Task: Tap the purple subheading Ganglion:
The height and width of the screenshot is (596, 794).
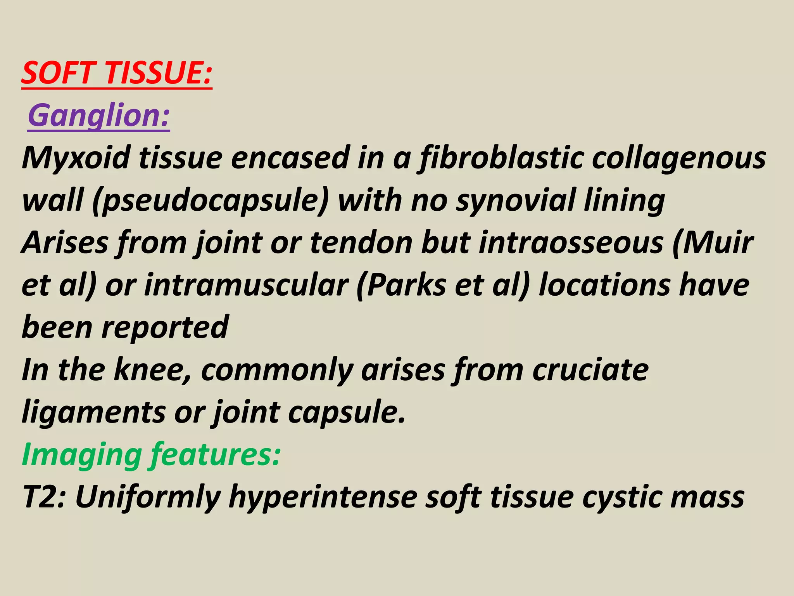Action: (x=99, y=116)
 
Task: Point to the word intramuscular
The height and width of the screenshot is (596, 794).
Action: (x=246, y=285)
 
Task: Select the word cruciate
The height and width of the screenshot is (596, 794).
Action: (x=590, y=370)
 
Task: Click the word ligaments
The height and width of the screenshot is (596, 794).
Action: (x=93, y=412)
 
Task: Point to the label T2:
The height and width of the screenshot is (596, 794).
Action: (x=44, y=497)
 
